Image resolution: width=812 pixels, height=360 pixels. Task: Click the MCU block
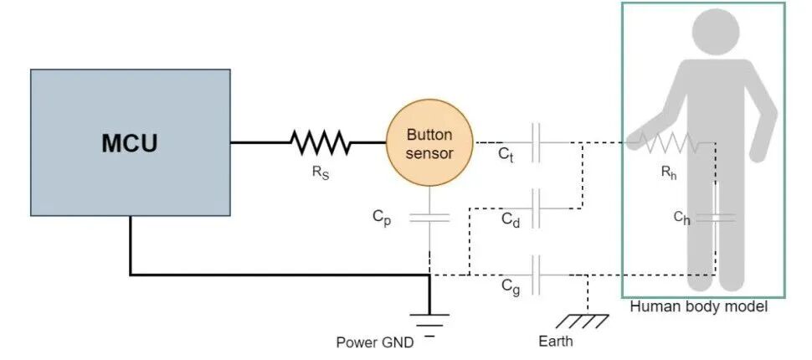[x=130, y=142]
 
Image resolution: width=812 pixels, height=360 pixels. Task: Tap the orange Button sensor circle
[x=429, y=142]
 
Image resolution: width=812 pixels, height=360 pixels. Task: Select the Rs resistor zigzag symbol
[x=320, y=142]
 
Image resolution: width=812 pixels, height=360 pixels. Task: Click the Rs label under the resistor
[x=321, y=172]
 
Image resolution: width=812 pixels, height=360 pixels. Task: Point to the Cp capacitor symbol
[x=429, y=218]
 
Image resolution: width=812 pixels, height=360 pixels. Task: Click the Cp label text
[x=382, y=218]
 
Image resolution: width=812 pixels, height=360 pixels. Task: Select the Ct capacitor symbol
[x=537, y=142]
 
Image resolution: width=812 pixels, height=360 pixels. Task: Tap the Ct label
[x=506, y=154]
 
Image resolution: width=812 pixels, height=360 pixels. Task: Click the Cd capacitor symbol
[x=537, y=208]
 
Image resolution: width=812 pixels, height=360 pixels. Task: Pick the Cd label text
[x=510, y=220]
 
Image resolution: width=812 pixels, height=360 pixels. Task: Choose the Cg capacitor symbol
[x=537, y=275]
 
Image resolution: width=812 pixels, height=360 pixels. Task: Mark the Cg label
[x=511, y=287]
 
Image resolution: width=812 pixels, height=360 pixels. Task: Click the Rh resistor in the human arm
[x=668, y=142]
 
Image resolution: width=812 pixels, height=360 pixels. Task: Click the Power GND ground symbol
[x=429, y=321]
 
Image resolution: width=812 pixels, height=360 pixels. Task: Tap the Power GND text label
[x=375, y=342]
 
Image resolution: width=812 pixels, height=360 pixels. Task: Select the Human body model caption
[x=699, y=306]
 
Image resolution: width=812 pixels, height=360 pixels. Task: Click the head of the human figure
[x=716, y=32]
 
